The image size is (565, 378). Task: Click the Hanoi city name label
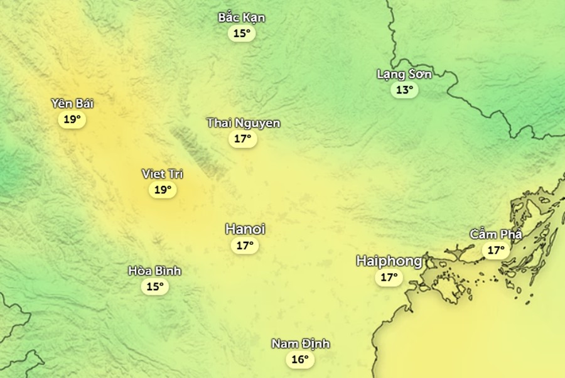pos(245,230)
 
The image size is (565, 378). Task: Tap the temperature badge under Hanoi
pos(245,246)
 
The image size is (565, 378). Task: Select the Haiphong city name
pos(389,261)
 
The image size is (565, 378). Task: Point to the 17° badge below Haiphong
pos(389,277)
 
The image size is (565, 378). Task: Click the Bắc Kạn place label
pos(242,18)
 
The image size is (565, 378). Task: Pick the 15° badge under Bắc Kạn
pos(242,33)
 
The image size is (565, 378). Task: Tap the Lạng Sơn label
pos(404,74)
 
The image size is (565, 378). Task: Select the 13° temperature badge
pos(405,90)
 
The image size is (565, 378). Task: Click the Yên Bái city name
pos(72,104)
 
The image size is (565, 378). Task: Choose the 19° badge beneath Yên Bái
pos(72,119)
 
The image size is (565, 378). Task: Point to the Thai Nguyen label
pos(244,123)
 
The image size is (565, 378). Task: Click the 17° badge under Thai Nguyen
pos(243,139)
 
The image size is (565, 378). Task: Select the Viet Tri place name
pos(163,174)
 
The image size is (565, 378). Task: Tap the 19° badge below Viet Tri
pos(163,190)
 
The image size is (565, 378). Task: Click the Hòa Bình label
pos(154,271)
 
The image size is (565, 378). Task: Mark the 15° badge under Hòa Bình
pos(154,287)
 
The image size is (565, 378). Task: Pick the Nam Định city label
pos(301,344)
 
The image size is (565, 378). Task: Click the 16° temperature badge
pos(300,360)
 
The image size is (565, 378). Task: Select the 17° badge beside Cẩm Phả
pos(496,251)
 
